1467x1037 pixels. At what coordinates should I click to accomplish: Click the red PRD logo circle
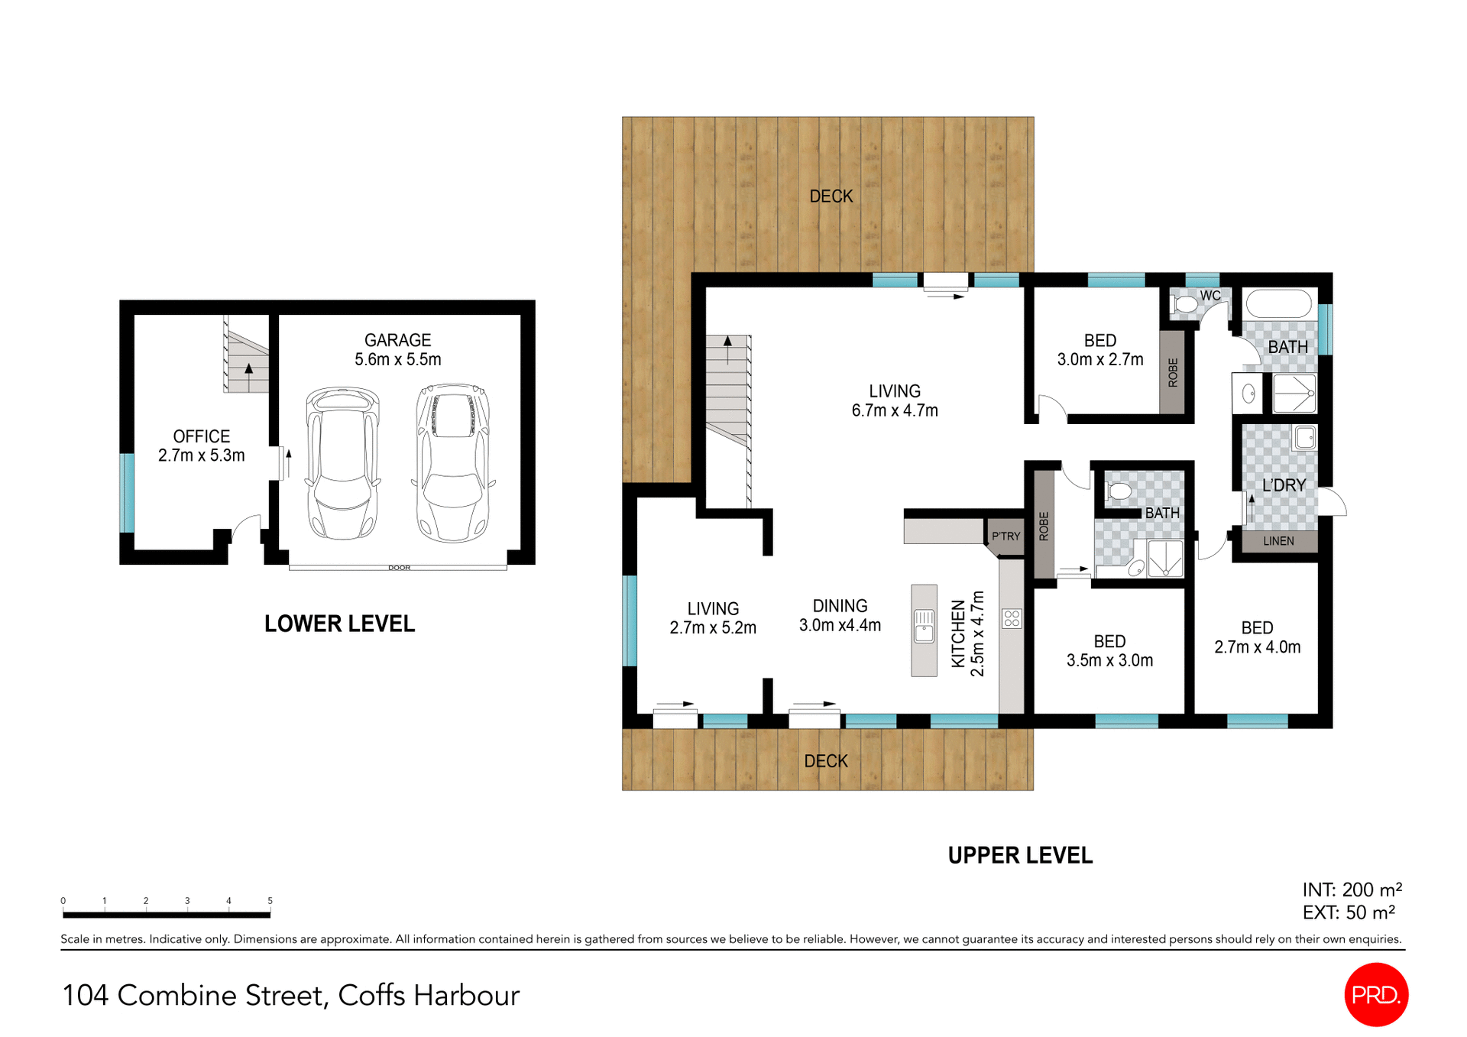click(x=1375, y=994)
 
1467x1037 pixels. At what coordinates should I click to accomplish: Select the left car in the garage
click(x=342, y=462)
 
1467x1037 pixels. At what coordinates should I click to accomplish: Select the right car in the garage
click(x=453, y=462)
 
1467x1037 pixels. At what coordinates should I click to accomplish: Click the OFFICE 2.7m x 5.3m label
click(x=201, y=446)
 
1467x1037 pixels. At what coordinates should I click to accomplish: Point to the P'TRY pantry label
click(x=1006, y=536)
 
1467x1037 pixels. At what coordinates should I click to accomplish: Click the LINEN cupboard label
click(x=1278, y=541)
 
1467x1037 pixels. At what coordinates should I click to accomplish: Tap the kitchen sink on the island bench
click(x=924, y=627)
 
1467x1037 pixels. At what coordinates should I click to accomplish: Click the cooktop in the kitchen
click(x=1012, y=618)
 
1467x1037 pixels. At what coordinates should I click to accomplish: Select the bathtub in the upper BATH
click(x=1278, y=304)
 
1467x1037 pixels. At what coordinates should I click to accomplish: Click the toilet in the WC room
click(x=1185, y=304)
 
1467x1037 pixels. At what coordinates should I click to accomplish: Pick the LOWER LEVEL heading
click(x=339, y=624)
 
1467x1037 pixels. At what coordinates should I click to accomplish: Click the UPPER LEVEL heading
click(x=1020, y=855)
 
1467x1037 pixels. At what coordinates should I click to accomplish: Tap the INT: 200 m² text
click(x=1352, y=890)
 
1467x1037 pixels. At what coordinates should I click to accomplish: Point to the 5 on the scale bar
click(x=270, y=901)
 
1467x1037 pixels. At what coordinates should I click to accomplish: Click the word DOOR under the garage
click(x=399, y=568)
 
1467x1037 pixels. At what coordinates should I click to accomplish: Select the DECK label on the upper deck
click(x=831, y=196)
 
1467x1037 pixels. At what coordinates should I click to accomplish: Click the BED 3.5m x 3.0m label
click(x=1109, y=651)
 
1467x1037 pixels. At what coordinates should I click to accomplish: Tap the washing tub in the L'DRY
click(x=1305, y=438)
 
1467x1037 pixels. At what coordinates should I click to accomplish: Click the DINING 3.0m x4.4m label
click(x=840, y=615)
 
